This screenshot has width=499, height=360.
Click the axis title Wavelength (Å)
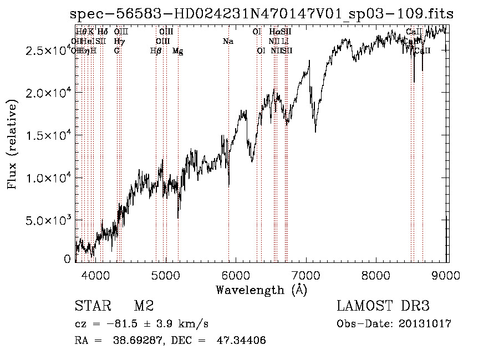(x=261, y=290)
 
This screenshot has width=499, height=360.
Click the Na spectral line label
(x=227, y=42)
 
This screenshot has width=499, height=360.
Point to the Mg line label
(x=177, y=51)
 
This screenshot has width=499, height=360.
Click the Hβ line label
(x=156, y=51)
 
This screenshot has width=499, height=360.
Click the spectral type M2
(x=144, y=306)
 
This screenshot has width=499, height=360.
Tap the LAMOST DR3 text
(x=383, y=306)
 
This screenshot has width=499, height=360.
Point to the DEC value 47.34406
(x=241, y=340)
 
